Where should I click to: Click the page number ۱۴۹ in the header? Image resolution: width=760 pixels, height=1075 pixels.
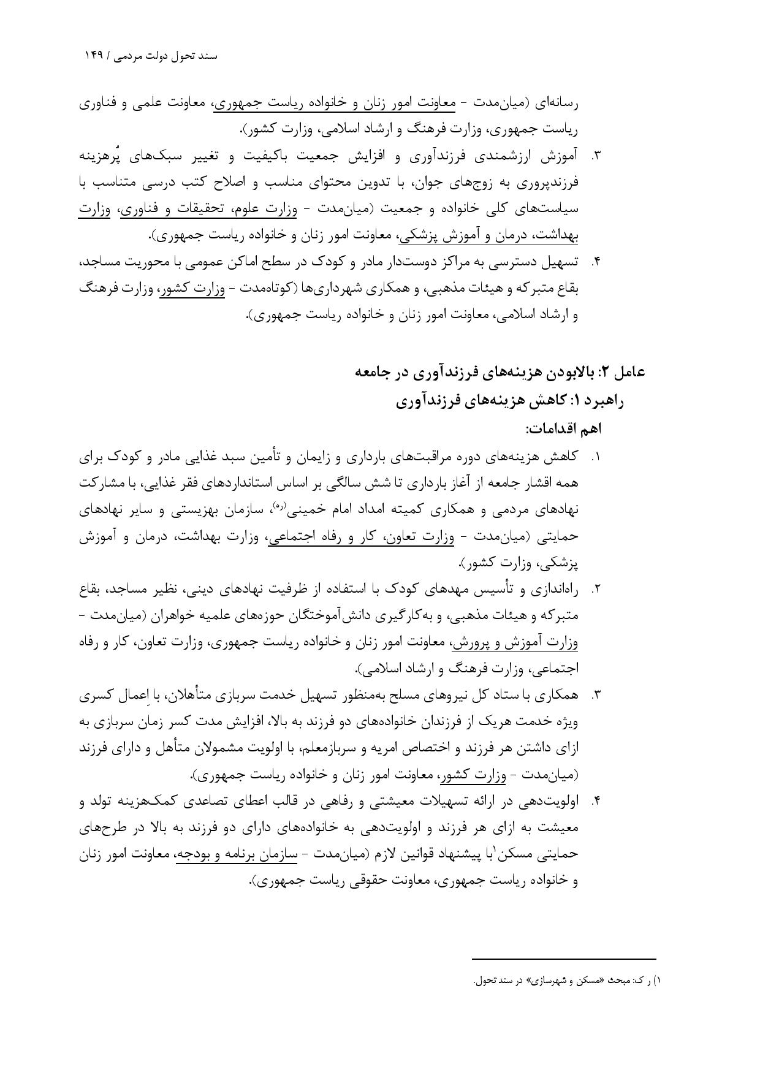[x=95, y=56]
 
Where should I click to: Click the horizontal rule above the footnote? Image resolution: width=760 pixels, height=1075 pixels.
[x=564, y=959]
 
